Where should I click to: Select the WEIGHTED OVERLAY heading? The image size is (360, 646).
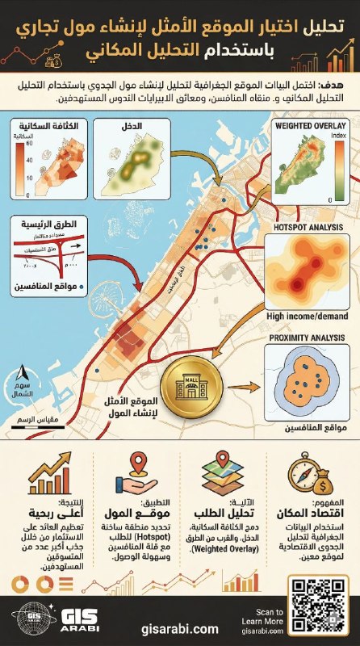point(310,126)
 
